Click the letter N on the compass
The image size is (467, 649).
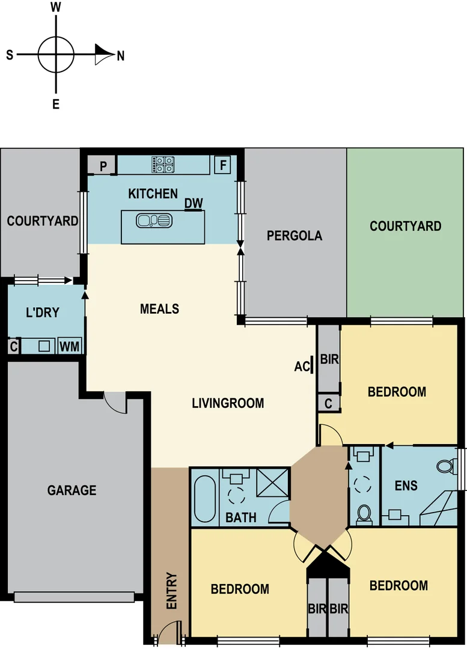tap(121, 56)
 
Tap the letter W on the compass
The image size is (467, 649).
tap(56, 7)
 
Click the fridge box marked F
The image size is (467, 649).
tap(223, 165)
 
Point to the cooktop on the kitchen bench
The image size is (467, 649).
tap(163, 165)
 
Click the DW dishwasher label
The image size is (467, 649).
tap(194, 204)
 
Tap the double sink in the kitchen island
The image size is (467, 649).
tap(154, 221)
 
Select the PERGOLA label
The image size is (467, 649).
tap(295, 236)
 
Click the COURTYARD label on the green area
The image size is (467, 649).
tap(405, 226)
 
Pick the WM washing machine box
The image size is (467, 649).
tap(69, 347)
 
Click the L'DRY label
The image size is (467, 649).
tap(42, 313)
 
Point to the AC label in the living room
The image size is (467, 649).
tap(302, 366)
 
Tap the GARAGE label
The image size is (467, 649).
tap(72, 490)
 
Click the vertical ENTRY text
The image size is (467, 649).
tap(171, 591)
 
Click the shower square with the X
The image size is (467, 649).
tap(273, 483)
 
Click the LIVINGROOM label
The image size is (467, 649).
tap(228, 403)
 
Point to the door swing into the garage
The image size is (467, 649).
tap(115, 402)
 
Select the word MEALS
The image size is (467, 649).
tap(159, 309)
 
